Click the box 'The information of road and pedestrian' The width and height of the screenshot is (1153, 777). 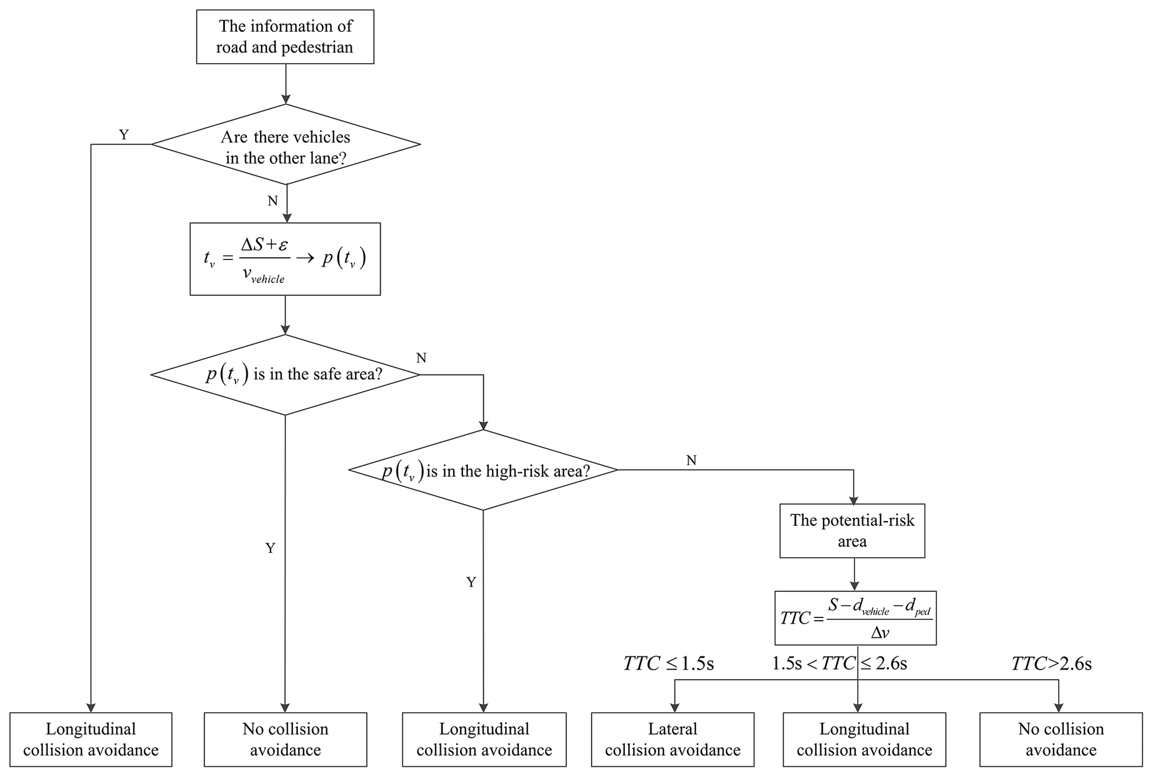pyautogui.click(x=285, y=37)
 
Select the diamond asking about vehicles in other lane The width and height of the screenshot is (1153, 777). pyautogui.click(x=286, y=144)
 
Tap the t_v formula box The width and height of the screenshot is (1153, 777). pyautogui.click(x=285, y=259)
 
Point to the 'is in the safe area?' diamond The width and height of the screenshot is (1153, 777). pyautogui.click(x=285, y=374)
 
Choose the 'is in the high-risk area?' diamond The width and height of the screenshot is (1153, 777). pyautogui.click(x=483, y=470)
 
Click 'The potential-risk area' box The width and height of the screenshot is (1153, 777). pyautogui.click(x=852, y=530)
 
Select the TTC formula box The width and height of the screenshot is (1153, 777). pyautogui.click(x=855, y=618)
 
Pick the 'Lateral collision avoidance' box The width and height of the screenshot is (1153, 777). pyautogui.click(x=673, y=739)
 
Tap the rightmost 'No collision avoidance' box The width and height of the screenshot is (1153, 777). pyautogui.click(x=1060, y=739)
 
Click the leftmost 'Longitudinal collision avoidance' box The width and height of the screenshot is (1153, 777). pyautogui.click(x=91, y=739)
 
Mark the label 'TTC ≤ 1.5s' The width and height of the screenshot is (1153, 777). pyautogui.click(x=668, y=663)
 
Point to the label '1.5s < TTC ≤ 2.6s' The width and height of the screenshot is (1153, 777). pyautogui.click(x=840, y=663)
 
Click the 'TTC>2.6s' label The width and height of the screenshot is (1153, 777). pyautogui.click(x=1051, y=663)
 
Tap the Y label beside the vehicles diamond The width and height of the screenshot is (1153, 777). pyautogui.click(x=124, y=134)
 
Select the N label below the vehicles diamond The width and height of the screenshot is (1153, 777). pyautogui.click(x=273, y=201)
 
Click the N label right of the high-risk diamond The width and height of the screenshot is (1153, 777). pyautogui.click(x=691, y=460)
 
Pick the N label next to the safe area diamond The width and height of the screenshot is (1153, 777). pyautogui.click(x=421, y=358)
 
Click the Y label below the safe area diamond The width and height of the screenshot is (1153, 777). pyautogui.click(x=271, y=548)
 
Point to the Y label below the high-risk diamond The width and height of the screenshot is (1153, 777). pyautogui.click(x=471, y=582)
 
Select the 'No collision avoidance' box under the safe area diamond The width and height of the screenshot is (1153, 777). pyautogui.click(x=285, y=739)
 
